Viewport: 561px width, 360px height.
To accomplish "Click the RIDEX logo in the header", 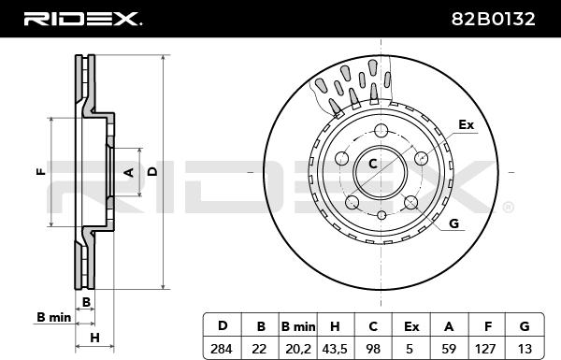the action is coord(82,19).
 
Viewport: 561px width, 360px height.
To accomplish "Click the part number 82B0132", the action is coord(493,19).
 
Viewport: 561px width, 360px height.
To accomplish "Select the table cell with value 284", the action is coord(222,348).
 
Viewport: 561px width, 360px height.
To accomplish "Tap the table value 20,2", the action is coord(298,348).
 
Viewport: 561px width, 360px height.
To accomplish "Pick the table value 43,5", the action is coord(335,348).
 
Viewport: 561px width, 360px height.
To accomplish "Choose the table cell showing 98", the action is coord(373,348).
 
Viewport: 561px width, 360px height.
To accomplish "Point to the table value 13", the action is coord(525,348).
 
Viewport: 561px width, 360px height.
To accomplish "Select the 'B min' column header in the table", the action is coord(298,326).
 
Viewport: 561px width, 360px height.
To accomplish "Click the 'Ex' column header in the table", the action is coord(411,326).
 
